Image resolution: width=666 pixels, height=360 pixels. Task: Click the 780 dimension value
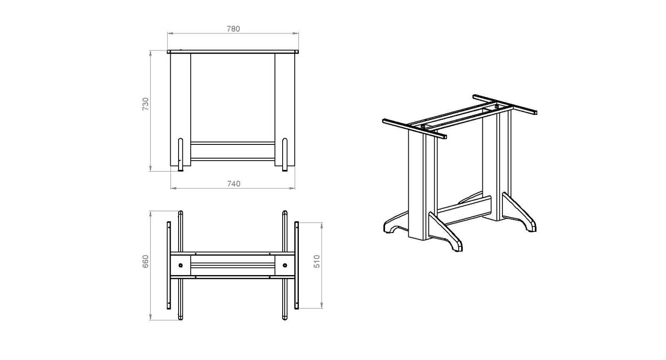tap(233, 29)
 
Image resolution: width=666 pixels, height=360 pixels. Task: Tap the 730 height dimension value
tap(145, 104)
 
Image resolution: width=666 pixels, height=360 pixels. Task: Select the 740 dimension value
tap(234, 184)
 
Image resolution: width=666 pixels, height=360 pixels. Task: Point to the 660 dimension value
tap(145, 261)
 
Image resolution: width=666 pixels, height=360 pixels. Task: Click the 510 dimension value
tap(317, 261)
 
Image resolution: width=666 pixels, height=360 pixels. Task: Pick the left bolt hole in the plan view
tap(181, 265)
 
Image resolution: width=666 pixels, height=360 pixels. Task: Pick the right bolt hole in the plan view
tap(285, 265)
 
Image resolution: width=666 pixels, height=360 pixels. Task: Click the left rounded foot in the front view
tap(181, 154)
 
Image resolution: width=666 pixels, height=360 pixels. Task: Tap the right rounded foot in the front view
tap(285, 154)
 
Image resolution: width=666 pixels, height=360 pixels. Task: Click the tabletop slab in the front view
tap(233, 52)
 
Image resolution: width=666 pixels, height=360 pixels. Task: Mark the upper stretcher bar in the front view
tap(233, 143)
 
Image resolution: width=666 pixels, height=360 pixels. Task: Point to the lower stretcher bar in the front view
tap(233, 159)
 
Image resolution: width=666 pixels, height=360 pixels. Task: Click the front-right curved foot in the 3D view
tap(445, 232)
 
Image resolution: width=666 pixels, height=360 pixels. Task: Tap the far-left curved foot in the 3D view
tap(396, 223)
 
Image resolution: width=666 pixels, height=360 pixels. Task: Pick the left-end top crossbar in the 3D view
tap(415, 129)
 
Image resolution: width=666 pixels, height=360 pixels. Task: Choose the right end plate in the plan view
tap(296, 265)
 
